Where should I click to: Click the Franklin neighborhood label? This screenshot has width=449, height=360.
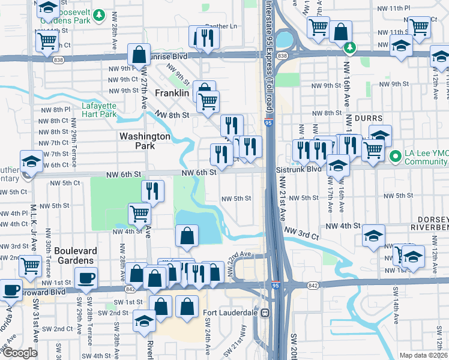point(172,94)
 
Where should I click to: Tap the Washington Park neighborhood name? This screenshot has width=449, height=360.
point(145,141)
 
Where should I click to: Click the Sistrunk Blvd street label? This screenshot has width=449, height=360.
point(307,170)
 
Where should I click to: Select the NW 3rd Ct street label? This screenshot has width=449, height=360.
point(301,232)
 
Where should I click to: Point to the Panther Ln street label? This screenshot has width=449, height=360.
point(226,26)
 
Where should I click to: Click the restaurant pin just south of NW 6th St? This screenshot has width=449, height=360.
point(153,191)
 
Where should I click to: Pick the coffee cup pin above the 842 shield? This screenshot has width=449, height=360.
point(86,278)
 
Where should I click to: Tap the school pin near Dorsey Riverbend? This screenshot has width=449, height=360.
point(373,237)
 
